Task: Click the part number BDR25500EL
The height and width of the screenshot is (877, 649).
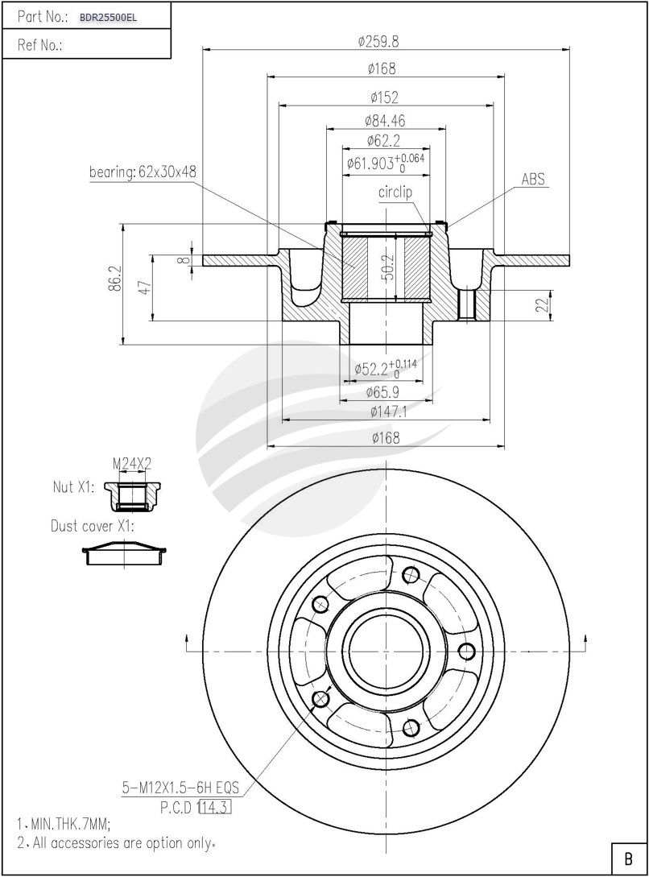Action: [x=108, y=16]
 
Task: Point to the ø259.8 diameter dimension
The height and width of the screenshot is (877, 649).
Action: [x=385, y=40]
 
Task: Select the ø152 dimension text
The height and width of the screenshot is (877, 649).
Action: [x=385, y=97]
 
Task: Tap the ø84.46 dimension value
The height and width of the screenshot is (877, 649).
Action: [x=385, y=121]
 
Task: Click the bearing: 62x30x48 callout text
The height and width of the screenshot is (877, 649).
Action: [x=143, y=172]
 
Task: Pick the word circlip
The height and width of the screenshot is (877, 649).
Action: [x=395, y=192]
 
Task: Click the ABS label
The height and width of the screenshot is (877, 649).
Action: [x=533, y=179]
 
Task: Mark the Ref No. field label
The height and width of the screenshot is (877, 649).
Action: [x=40, y=46]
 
